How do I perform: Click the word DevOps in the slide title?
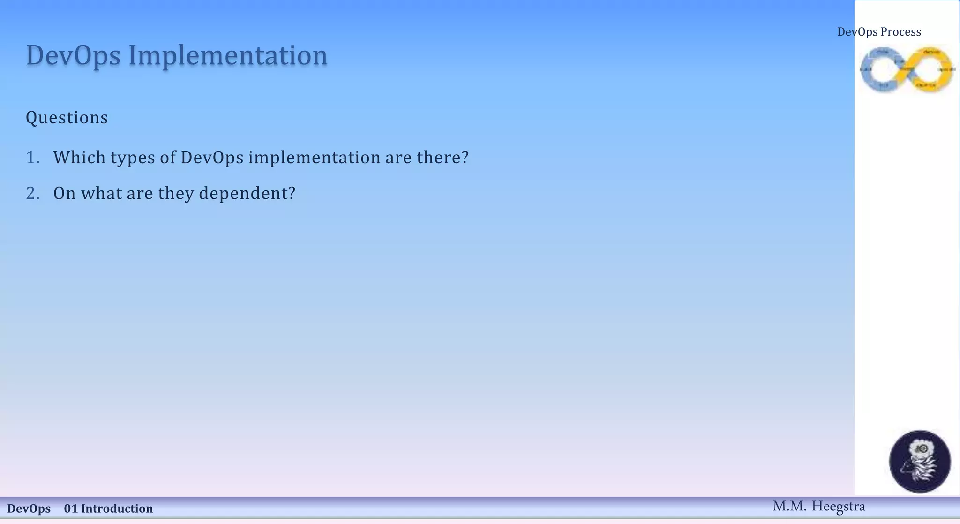pyautogui.click(x=74, y=55)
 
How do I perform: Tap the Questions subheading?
pyautogui.click(x=67, y=118)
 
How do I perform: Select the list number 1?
pyautogui.click(x=32, y=158)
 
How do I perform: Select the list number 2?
pyautogui.click(x=32, y=193)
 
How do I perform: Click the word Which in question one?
pyautogui.click(x=79, y=158)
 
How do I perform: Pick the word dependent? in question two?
pyautogui.click(x=247, y=193)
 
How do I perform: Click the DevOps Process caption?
pyautogui.click(x=879, y=32)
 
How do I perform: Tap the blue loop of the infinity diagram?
pyautogui.click(x=882, y=69)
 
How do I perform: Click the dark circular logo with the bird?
pyautogui.click(x=920, y=462)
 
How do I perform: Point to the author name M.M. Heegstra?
pyautogui.click(x=818, y=506)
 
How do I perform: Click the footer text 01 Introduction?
pyautogui.click(x=108, y=509)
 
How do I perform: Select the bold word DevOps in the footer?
pyautogui.click(x=29, y=509)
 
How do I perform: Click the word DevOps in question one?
pyautogui.click(x=212, y=158)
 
